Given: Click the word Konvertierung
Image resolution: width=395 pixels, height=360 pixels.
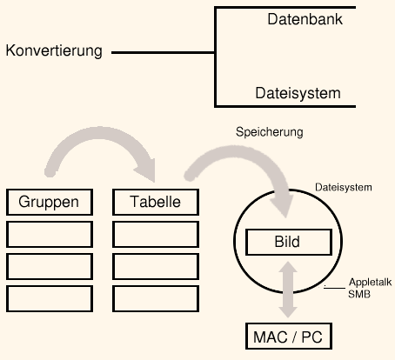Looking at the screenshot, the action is tap(54, 51).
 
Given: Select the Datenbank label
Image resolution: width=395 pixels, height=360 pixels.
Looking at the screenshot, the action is tap(305, 19).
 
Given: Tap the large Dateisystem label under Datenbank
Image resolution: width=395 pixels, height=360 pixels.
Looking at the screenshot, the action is tap(298, 93).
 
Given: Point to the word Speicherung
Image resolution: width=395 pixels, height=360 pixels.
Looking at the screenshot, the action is tap(270, 132).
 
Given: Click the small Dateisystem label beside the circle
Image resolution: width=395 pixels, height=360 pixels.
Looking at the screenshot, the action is tap(344, 187).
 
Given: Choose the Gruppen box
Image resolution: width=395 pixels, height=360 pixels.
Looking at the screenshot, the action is tap(50, 202).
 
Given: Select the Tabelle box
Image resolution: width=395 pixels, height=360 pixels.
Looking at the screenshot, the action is tap(156, 202).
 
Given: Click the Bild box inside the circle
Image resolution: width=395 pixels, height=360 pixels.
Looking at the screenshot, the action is tap(289, 242).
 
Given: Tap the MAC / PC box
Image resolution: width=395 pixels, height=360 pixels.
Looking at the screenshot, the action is tap(289, 337).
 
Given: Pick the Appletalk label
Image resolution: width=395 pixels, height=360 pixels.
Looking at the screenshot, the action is tap(370, 282).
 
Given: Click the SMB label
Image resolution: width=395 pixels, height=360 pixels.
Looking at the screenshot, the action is tap(359, 294).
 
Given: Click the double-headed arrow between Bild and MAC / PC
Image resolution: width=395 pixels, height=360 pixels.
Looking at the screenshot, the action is tap(288, 290).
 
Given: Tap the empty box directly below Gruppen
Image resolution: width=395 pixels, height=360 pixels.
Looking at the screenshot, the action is tap(50, 234).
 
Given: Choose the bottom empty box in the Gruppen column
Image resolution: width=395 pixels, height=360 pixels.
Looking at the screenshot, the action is tap(50, 298).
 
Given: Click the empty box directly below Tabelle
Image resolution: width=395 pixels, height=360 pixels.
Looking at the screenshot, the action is tap(156, 234).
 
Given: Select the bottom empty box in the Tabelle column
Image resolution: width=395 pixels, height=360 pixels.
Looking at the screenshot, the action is tap(156, 298).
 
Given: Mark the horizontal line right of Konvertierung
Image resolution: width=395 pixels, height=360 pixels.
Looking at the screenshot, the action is tap(163, 53).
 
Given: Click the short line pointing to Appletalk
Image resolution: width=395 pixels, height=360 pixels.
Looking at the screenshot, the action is tap(335, 288).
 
